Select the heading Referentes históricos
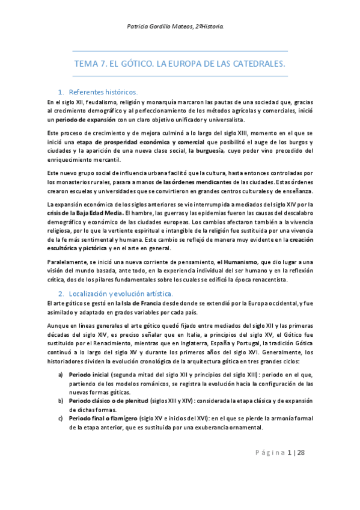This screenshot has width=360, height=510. pyautogui.click(x=103, y=92)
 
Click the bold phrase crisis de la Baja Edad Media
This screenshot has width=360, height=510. pyautogui.click(x=84, y=213)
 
